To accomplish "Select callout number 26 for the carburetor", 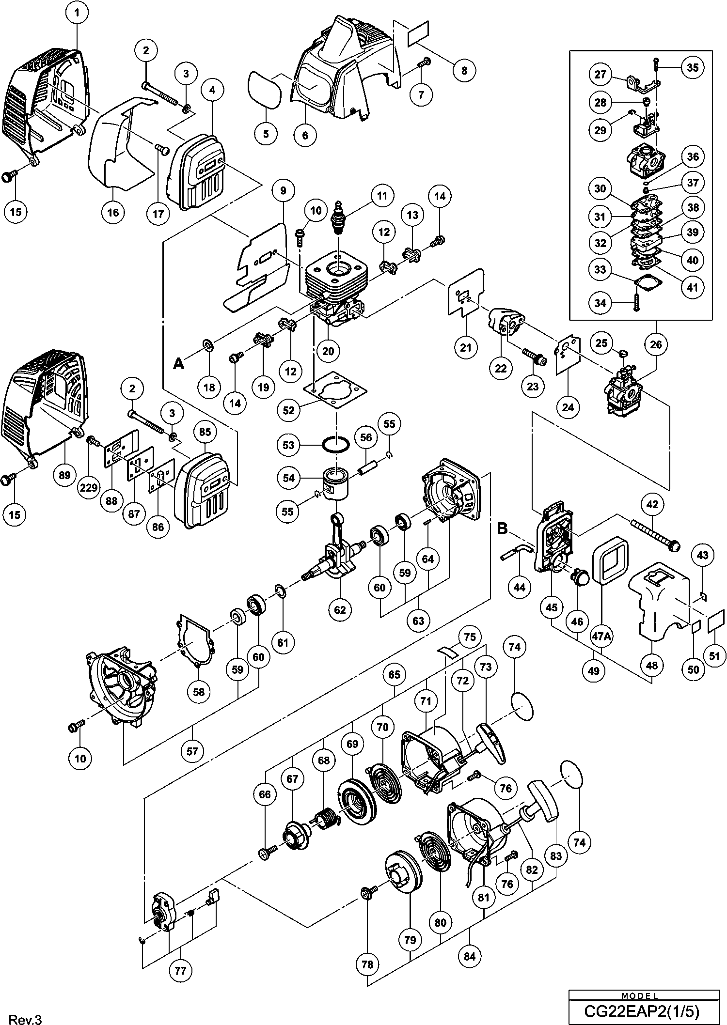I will pyautogui.click(x=656, y=344).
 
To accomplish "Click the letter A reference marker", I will pyautogui.click(x=178, y=363).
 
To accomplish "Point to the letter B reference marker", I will pyautogui.click(x=502, y=528).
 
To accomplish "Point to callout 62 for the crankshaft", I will pyautogui.click(x=340, y=609).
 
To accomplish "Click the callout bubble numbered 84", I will pyautogui.click(x=469, y=956).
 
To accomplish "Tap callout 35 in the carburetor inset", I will pyautogui.click(x=693, y=67).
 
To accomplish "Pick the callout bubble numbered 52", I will pyautogui.click(x=288, y=410).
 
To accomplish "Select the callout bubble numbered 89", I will pyautogui.click(x=64, y=475).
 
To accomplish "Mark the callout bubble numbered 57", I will pyautogui.click(x=192, y=751).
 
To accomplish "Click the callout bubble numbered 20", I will pyautogui.click(x=328, y=350).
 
